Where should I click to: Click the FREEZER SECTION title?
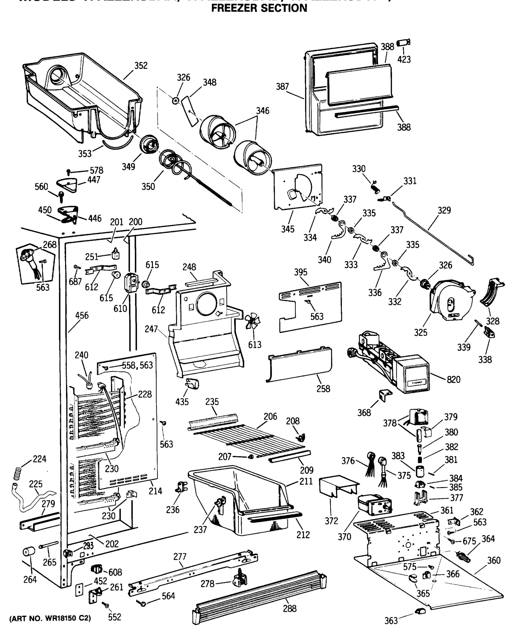[x=259, y=8]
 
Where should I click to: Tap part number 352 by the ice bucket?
[x=141, y=66]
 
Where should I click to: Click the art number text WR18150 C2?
[x=50, y=618]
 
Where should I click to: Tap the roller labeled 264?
[x=29, y=552]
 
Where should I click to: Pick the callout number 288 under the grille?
[x=290, y=608]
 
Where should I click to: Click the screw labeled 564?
[x=142, y=603]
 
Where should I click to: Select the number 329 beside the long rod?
[x=444, y=210]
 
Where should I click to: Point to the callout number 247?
[x=151, y=329]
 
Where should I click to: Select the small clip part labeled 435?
[x=192, y=384]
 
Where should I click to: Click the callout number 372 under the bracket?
[x=331, y=521]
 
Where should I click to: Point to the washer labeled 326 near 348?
[x=176, y=101]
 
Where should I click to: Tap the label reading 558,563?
[x=137, y=365]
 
